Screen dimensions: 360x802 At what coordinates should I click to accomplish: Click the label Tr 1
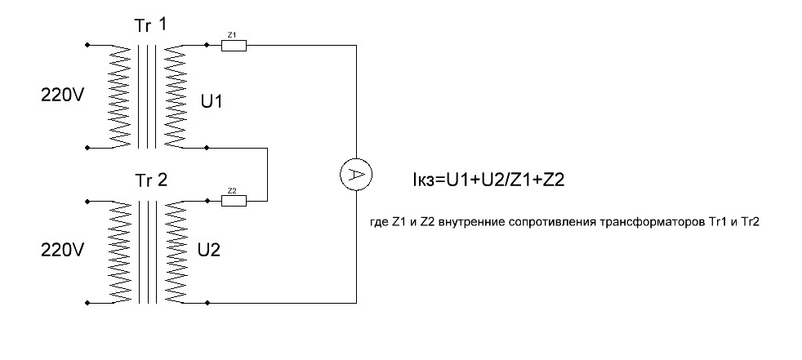point(152,25)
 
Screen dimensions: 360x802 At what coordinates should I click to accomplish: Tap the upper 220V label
point(62,96)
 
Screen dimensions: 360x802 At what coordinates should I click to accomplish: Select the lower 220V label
point(62,251)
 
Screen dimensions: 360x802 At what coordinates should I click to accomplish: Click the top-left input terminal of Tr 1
point(87,45)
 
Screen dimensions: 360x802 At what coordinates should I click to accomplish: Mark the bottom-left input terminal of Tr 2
point(87,302)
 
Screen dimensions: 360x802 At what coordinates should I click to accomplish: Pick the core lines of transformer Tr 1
point(147,96)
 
